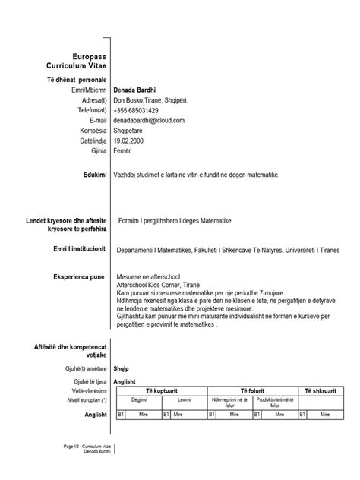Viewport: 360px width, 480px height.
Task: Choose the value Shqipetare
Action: pos(133,130)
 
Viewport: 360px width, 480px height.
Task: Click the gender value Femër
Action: pos(124,150)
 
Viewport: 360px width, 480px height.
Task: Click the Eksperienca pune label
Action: pos(80,277)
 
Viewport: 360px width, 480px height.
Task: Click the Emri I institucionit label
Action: pos(75,248)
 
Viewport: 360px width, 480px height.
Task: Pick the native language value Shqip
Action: pos(122,366)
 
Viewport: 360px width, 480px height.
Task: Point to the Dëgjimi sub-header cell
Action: pos(138,399)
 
